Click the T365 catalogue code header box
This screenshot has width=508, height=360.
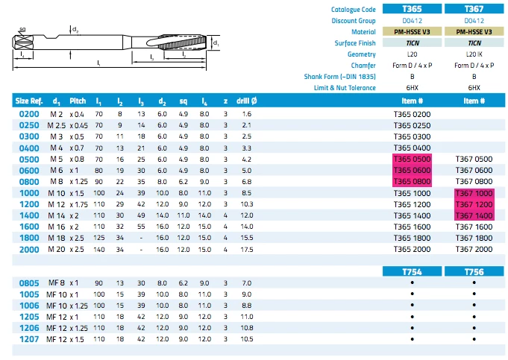(412, 9)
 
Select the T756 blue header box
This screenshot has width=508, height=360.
(474, 271)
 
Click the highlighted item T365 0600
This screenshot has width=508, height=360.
(412, 170)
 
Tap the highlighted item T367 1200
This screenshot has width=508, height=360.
(474, 204)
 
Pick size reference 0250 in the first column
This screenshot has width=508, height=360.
(29, 125)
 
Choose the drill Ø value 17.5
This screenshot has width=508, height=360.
(247, 250)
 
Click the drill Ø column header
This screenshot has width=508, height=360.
(247, 101)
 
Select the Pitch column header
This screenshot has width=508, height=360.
(78, 101)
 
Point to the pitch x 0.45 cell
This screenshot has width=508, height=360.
(79, 125)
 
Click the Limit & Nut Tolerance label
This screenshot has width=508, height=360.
(345, 88)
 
